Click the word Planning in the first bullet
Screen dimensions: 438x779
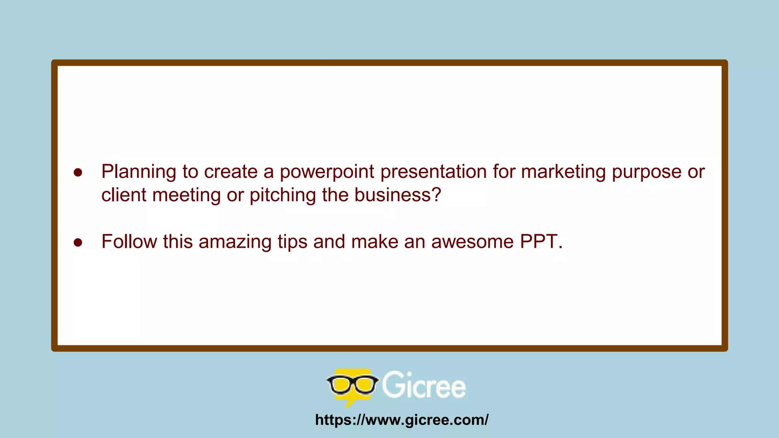(x=138, y=172)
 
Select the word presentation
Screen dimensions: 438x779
(x=434, y=172)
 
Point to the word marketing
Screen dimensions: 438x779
(x=563, y=172)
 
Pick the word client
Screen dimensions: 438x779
(x=124, y=195)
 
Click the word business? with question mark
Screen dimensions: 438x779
(x=397, y=195)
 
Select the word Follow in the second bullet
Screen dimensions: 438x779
(x=129, y=242)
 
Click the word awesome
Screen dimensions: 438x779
(x=472, y=242)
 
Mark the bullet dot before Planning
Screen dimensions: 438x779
(x=78, y=173)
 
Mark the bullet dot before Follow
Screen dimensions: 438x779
(x=78, y=243)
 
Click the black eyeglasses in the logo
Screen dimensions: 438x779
(x=352, y=384)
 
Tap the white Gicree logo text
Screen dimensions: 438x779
(x=424, y=385)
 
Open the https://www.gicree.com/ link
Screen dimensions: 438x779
(x=402, y=420)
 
